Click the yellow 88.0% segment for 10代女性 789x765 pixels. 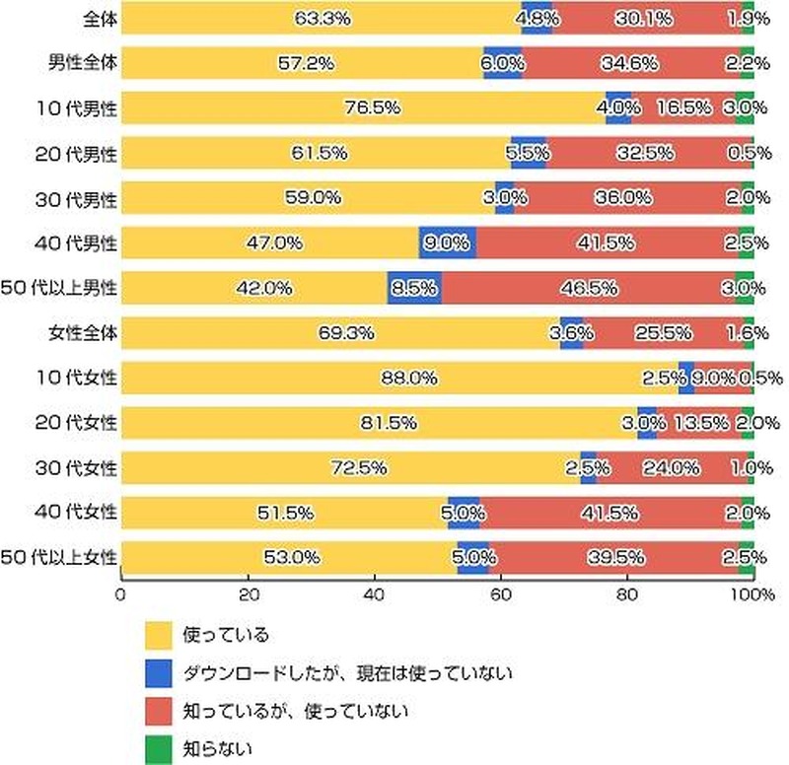(399, 378)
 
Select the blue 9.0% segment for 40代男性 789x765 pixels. (447, 242)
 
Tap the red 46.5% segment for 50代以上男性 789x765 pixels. (589, 287)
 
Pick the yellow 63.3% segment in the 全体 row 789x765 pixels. (321, 17)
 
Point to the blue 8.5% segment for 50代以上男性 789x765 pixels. (414, 287)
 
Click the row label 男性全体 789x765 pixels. (83, 62)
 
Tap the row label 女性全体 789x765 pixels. (83, 332)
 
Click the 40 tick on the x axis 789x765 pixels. (374, 594)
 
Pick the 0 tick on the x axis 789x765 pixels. (120, 594)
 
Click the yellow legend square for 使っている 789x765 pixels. (158, 633)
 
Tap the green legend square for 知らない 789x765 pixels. (158, 748)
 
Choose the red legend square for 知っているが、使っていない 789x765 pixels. (158, 710)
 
